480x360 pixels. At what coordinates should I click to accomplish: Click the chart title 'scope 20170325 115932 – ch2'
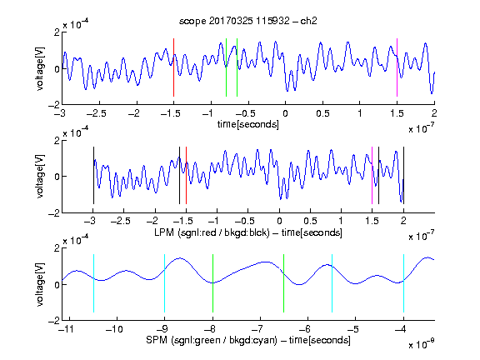pyautogui.click(x=248, y=21)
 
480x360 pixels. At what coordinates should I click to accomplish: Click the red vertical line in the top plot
pyautogui.click(x=173, y=67)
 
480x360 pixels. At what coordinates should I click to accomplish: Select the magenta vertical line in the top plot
pyautogui.click(x=397, y=67)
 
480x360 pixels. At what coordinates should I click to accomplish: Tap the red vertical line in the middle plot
pyautogui.click(x=186, y=175)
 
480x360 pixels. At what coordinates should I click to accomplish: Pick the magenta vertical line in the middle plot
pyautogui.click(x=372, y=175)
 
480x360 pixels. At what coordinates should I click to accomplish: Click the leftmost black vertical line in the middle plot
pyautogui.click(x=93, y=175)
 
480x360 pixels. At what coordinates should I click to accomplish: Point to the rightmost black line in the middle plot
pyautogui.click(x=403, y=175)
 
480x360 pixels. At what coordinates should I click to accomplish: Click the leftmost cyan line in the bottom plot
pyautogui.click(x=93, y=283)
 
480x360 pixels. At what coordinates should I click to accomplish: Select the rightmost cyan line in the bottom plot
pyautogui.click(x=403, y=283)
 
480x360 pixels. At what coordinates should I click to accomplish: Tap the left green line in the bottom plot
pyautogui.click(x=212, y=283)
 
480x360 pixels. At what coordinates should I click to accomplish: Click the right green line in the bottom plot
pyautogui.click(x=284, y=283)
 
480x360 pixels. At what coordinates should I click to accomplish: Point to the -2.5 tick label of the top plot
pyautogui.click(x=97, y=114)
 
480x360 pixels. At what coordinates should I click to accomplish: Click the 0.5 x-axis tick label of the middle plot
pyautogui.click(x=310, y=221)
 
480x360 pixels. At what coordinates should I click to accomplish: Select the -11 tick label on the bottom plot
pyautogui.click(x=67, y=329)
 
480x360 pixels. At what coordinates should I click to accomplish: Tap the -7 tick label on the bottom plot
pyautogui.click(x=260, y=329)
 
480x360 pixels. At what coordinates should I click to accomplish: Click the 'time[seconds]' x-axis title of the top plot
pyautogui.click(x=248, y=124)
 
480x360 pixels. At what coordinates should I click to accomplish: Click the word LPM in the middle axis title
pyautogui.click(x=164, y=232)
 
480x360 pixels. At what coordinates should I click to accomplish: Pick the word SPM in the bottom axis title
pyautogui.click(x=157, y=340)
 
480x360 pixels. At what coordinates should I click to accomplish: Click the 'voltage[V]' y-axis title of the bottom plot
pyautogui.click(x=40, y=284)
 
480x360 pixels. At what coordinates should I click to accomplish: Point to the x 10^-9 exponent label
pyautogui.click(x=422, y=344)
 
